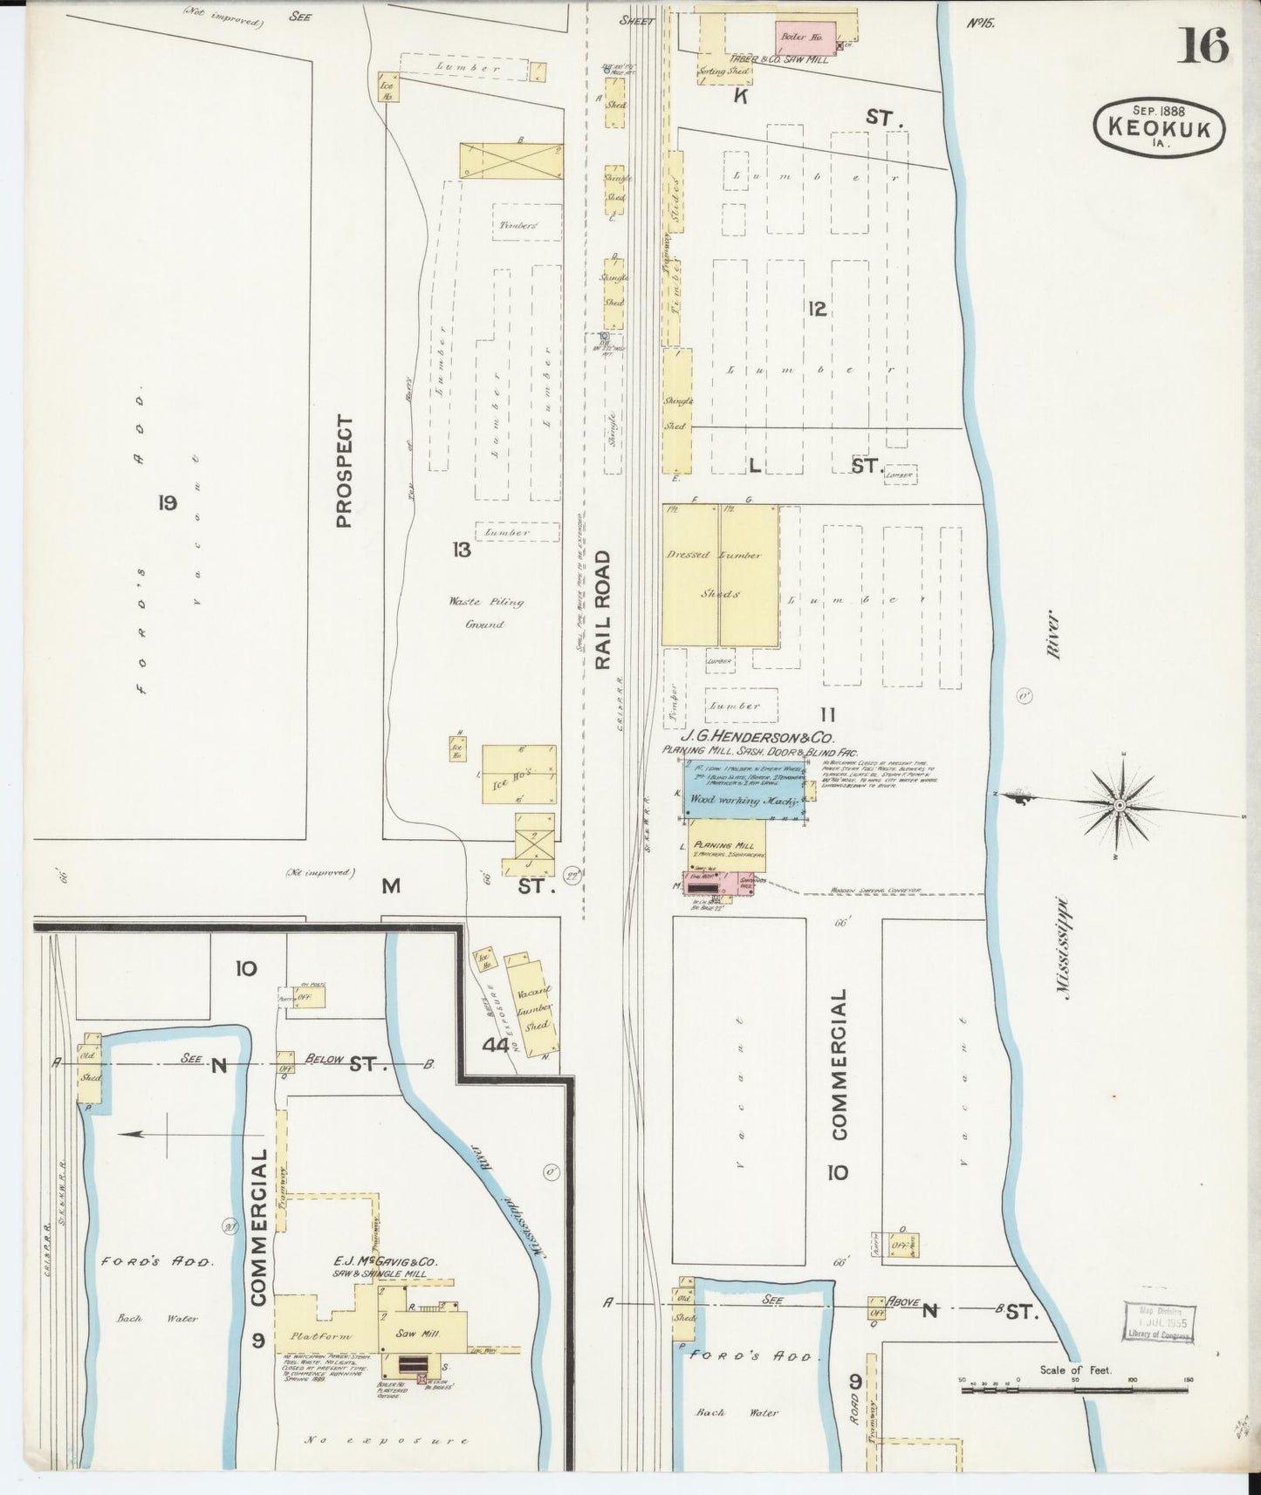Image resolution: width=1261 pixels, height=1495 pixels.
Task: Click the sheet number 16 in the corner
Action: [1203, 45]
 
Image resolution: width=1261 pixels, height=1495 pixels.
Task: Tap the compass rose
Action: [1119, 806]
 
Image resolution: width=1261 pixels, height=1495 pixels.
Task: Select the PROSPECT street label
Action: [343, 471]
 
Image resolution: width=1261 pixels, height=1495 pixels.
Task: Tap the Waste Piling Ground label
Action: [486, 612]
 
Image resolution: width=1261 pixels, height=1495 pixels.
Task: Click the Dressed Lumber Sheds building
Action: [720, 575]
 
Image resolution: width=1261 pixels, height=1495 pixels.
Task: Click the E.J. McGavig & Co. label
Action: [384, 1261]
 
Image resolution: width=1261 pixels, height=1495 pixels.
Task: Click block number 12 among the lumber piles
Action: [817, 309]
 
